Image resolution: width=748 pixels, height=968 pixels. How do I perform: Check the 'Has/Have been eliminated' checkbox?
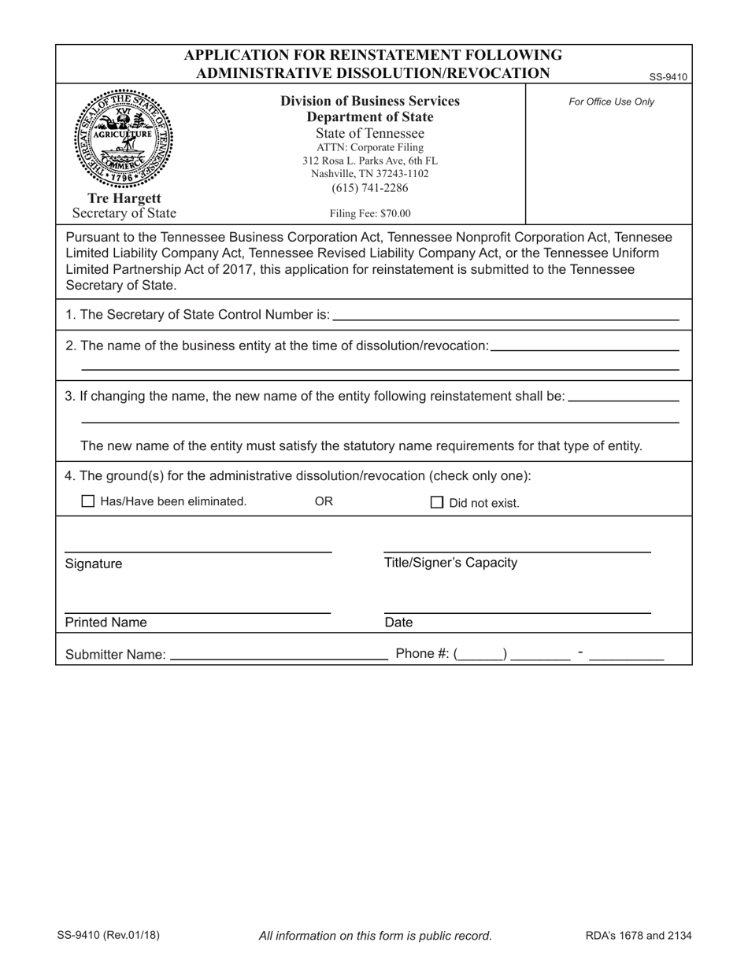pos(88,501)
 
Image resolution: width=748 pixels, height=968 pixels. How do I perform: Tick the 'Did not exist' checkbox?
pos(437,503)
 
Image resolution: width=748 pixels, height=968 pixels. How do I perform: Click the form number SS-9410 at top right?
pos(668,77)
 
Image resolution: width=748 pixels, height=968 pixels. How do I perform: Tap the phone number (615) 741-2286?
pos(370,188)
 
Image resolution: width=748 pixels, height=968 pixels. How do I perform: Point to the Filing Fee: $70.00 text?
pos(370,213)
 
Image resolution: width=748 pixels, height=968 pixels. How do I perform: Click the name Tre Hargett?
pos(124,198)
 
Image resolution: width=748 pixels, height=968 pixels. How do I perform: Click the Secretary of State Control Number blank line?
pos(505,315)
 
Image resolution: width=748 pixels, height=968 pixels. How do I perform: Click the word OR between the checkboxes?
pos(324,501)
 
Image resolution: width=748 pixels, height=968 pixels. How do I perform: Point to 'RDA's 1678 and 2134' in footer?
pos(639,936)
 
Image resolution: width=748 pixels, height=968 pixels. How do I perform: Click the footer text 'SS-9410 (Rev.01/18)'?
pos(108,936)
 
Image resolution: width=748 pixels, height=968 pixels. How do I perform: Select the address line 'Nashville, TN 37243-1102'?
pos(370,174)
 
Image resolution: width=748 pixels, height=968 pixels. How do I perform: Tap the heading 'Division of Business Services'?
pos(370,102)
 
